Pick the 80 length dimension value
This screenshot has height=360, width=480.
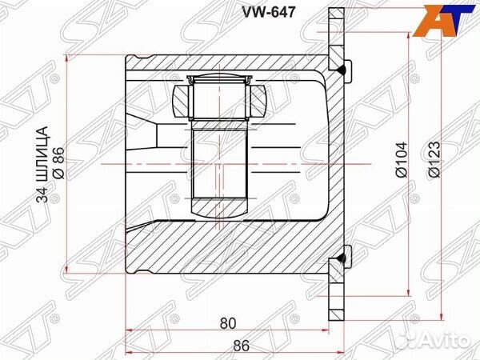pos(227,323)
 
